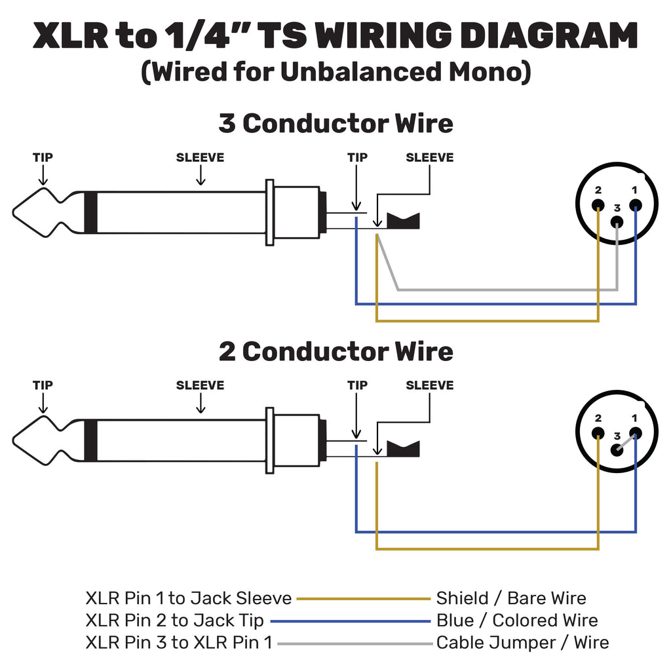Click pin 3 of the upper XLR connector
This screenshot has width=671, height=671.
[617, 221]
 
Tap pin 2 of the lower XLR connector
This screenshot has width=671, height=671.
[598, 433]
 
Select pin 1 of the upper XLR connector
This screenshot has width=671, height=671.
[635, 204]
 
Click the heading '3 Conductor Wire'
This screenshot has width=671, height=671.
[335, 123]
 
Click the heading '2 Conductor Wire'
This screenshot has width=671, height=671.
[335, 351]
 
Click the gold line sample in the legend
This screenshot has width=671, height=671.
[363, 598]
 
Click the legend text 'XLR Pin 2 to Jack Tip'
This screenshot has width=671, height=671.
[175, 621]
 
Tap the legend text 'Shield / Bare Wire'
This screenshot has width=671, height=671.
[511, 598]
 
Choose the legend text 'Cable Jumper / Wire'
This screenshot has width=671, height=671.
[522, 643]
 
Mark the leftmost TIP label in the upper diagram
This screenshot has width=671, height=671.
[43, 157]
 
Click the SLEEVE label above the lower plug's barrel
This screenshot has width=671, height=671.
[200, 385]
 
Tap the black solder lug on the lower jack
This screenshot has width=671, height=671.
[403, 449]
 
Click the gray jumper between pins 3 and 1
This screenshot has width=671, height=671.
[626, 442]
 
